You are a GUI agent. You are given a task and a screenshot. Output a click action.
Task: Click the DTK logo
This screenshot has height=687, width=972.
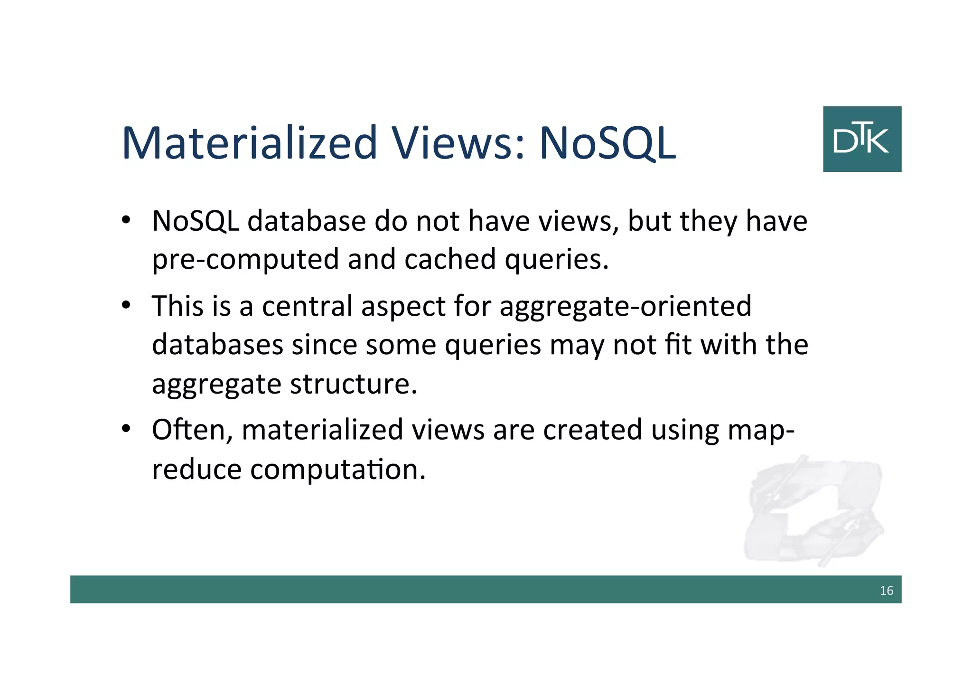click(862, 139)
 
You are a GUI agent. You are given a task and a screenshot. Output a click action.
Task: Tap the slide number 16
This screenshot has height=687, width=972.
click(886, 590)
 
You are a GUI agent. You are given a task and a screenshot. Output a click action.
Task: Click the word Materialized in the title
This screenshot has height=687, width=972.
click(250, 142)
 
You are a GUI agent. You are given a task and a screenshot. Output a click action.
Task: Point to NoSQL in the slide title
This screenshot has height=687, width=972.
click(607, 142)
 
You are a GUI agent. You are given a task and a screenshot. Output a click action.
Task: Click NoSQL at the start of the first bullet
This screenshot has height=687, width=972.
click(196, 221)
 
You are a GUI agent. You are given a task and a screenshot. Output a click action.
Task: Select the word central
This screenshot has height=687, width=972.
click(307, 306)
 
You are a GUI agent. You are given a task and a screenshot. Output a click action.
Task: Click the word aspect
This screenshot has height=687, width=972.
click(403, 307)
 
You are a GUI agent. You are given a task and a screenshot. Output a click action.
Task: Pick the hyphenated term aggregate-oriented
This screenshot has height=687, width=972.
click(626, 307)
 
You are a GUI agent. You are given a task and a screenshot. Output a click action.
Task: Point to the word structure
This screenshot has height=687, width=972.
click(354, 384)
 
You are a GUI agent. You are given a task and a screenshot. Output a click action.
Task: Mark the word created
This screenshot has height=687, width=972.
click(592, 430)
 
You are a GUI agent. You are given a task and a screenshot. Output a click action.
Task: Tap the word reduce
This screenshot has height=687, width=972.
click(197, 470)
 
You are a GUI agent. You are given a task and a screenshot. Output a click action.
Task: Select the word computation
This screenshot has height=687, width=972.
click(337, 470)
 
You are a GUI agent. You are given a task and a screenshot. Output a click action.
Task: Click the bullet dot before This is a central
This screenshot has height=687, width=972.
click(126, 305)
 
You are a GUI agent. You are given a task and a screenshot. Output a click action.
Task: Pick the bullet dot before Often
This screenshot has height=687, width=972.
click(126, 429)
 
